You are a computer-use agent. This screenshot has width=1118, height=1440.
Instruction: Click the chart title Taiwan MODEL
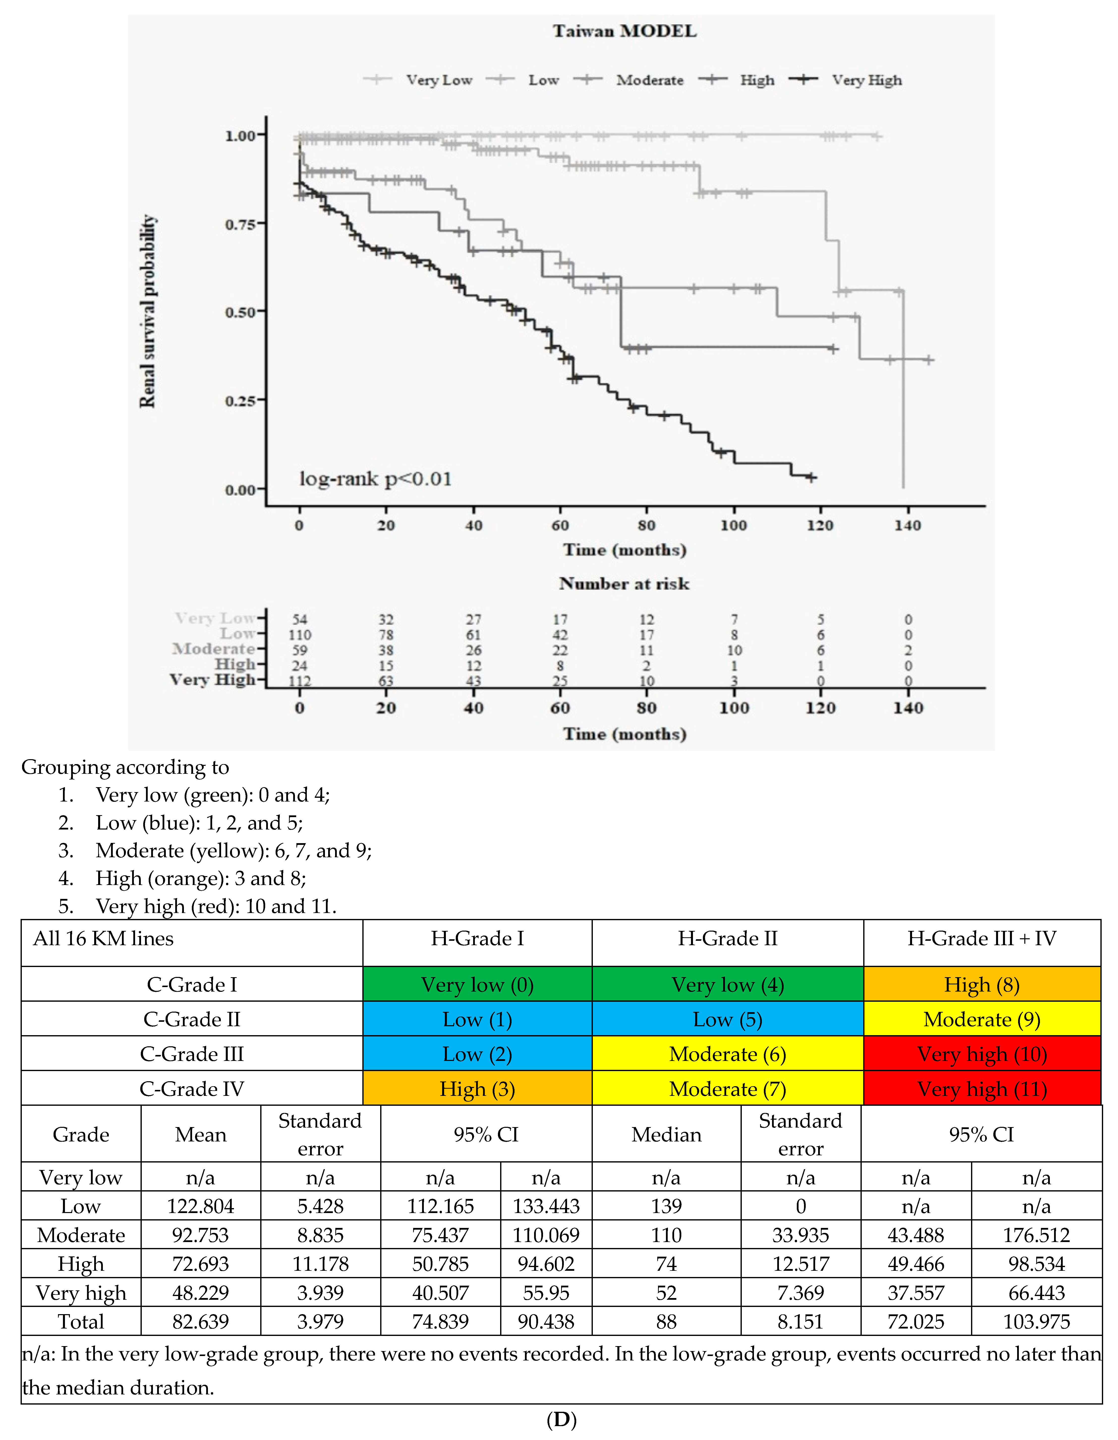(624, 31)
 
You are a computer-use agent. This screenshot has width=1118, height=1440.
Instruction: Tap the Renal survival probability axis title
(148, 311)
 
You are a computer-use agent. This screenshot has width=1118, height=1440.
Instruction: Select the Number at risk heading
(624, 583)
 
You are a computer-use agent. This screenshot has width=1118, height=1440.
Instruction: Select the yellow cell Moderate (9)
(981, 1019)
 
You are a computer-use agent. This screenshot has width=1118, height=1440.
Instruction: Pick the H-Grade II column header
(727, 938)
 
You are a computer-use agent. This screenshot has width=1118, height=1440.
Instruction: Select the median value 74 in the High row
(666, 1264)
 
